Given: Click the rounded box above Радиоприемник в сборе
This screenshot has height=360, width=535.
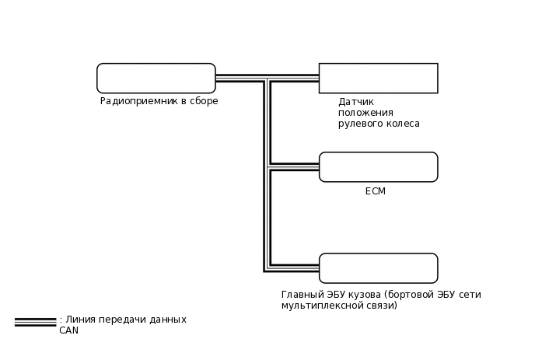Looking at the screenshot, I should pyautogui.click(x=156, y=79).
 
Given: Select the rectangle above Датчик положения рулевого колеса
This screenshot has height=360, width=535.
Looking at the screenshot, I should pyautogui.click(x=378, y=79).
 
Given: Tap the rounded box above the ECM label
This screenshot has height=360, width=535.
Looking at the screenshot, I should pyautogui.click(x=378, y=167).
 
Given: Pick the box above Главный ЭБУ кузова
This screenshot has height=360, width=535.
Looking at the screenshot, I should pyautogui.click(x=378, y=268).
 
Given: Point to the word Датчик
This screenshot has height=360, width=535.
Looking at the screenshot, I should pyautogui.click(x=356, y=102).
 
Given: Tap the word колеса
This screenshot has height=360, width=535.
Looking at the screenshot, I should pyautogui.click(x=401, y=124).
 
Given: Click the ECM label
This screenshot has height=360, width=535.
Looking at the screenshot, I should pyautogui.click(x=376, y=191).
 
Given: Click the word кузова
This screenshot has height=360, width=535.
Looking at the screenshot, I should pyautogui.click(x=365, y=295).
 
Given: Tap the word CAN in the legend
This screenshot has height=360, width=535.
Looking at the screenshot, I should pyautogui.click(x=69, y=330).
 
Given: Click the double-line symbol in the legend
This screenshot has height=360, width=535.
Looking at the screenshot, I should pyautogui.click(x=35, y=321).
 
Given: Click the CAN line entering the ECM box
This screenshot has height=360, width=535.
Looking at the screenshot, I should pyautogui.click(x=295, y=167).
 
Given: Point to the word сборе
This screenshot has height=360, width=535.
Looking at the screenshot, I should pyautogui.click(x=204, y=101).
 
